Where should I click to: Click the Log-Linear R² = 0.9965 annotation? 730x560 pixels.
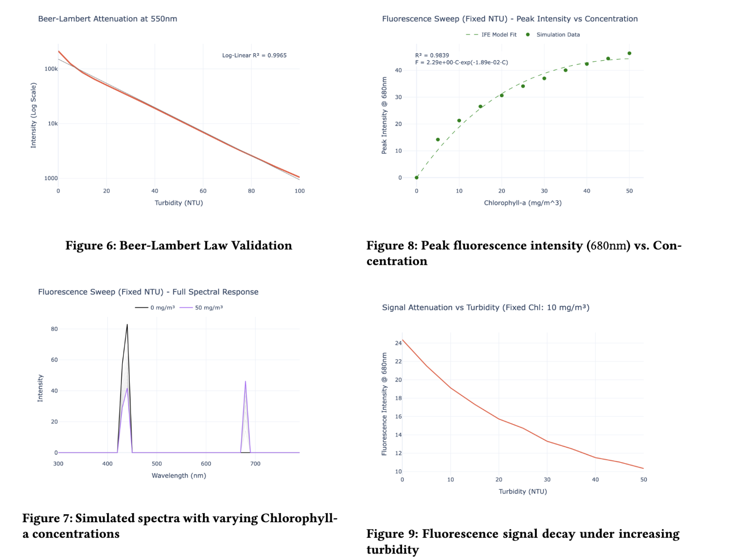[x=254, y=55]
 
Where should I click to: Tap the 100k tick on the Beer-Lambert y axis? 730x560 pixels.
[x=51, y=69]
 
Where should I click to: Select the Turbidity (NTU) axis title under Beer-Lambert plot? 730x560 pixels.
[x=179, y=203]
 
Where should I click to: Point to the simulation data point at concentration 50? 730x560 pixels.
[x=629, y=53]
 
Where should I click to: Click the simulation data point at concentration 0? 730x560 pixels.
[x=416, y=177]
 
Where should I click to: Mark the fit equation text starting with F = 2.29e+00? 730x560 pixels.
[x=461, y=62]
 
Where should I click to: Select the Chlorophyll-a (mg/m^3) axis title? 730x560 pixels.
[x=523, y=203]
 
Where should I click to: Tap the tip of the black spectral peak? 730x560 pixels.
[x=127, y=325]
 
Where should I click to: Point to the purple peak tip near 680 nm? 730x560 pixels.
[x=245, y=381]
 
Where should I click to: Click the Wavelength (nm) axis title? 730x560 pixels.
[x=179, y=476]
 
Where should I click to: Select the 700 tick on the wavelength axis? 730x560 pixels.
[x=255, y=464]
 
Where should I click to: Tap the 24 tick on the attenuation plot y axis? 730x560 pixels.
[x=398, y=343]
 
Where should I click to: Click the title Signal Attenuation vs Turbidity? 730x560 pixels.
[x=486, y=308]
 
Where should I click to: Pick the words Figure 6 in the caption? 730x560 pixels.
[x=90, y=246]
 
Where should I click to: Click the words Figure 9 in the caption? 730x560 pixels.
[x=392, y=534]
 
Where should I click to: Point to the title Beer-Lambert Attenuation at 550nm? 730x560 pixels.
[x=107, y=19]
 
